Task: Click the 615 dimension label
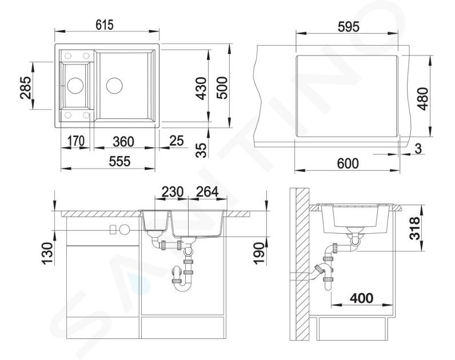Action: pyautogui.click(x=105, y=25)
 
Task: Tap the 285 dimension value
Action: pyautogui.click(x=26, y=87)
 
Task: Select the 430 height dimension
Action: pyautogui.click(x=201, y=89)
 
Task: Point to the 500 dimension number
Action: pyautogui.click(x=222, y=88)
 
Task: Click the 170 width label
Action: pyautogui.click(x=76, y=141)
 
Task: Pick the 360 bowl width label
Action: pyautogui.click(x=123, y=142)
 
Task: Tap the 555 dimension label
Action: pyautogui.click(x=119, y=162)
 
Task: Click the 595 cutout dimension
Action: pyautogui.click(x=349, y=27)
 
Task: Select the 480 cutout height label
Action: pyautogui.click(x=424, y=99)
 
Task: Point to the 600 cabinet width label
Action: pyautogui.click(x=348, y=163)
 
